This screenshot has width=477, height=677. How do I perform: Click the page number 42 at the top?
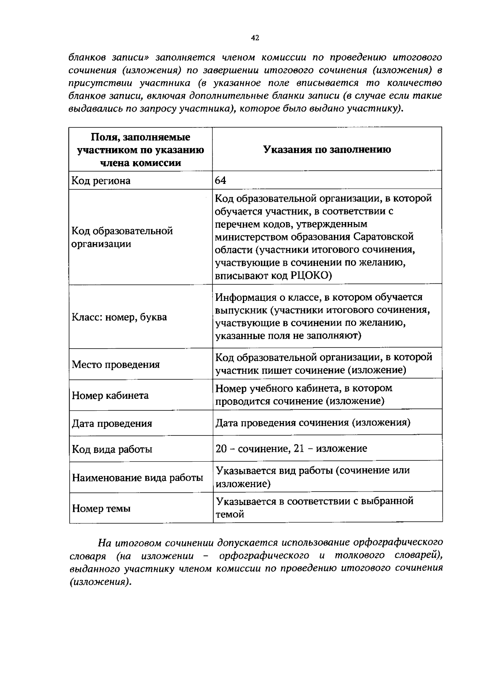[x=255, y=38]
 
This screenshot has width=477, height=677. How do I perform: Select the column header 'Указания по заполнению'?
[x=327, y=150]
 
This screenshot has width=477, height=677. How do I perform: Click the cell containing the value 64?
[x=221, y=181]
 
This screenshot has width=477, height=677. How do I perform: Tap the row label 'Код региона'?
[x=101, y=181]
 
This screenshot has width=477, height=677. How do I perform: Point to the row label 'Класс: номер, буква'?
[x=119, y=317]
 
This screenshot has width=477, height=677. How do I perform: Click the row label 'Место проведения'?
[x=116, y=365]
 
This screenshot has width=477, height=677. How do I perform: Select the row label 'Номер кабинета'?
[x=110, y=396]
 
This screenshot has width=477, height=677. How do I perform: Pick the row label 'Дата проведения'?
[x=112, y=423]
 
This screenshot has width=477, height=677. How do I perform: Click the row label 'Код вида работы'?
[x=112, y=450]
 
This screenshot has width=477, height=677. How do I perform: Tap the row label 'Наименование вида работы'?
[x=138, y=478]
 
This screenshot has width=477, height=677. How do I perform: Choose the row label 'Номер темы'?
[x=101, y=509]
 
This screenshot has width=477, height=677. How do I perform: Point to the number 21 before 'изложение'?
[x=299, y=449]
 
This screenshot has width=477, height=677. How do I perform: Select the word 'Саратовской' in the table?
[x=384, y=237]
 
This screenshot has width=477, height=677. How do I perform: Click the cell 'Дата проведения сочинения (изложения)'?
[x=313, y=422]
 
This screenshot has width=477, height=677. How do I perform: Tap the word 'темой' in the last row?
[x=229, y=515]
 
